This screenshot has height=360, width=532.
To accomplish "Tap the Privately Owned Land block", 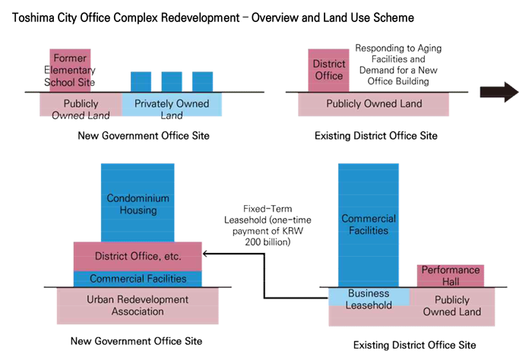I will pyautogui.click(x=172, y=105).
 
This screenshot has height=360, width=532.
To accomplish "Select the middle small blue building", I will pyautogui.click(x=171, y=81).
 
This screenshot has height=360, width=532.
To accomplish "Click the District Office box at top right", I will pyautogui.click(x=328, y=71).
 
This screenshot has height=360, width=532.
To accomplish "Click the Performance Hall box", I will pyautogui.click(x=451, y=275).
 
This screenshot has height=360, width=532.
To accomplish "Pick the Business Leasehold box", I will pyautogui.click(x=368, y=298).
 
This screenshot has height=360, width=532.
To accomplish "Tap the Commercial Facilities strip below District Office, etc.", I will pyautogui.click(x=138, y=278).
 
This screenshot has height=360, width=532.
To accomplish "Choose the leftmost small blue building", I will pyautogui.click(x=141, y=81).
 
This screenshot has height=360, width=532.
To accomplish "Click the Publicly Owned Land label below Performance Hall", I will pyautogui.click(x=451, y=305).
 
